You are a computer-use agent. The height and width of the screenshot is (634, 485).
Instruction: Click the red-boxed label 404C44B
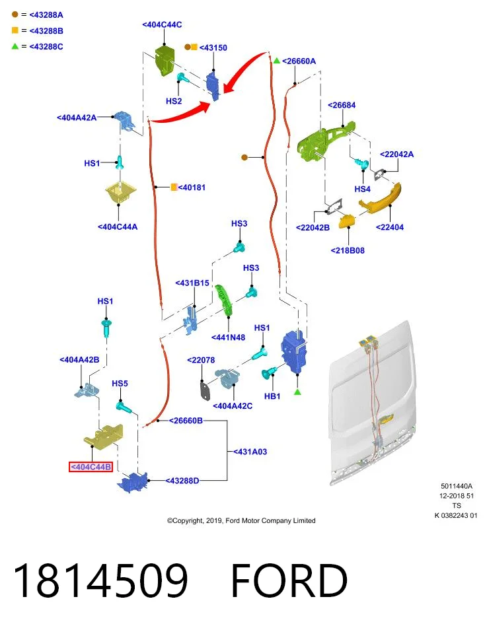(x=91, y=467)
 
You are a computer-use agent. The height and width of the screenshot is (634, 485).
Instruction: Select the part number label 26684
(x=342, y=105)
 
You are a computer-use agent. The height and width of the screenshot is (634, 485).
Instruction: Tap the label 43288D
(x=182, y=481)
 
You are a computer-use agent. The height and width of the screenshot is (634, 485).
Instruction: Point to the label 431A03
(x=250, y=452)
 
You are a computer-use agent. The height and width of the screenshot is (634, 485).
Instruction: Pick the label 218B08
(x=348, y=250)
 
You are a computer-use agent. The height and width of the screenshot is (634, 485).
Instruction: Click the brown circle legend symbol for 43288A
(x=15, y=15)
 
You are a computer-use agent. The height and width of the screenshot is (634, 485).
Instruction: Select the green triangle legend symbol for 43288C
(x=15, y=46)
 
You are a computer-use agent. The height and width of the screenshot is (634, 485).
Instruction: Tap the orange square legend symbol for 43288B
(x=15, y=30)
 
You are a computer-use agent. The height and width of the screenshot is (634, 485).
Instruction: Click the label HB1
(x=272, y=396)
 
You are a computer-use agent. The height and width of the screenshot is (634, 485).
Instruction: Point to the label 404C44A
(x=118, y=227)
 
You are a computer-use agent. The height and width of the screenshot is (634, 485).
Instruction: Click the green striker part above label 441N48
(x=224, y=299)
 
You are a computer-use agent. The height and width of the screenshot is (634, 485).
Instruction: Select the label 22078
(x=201, y=360)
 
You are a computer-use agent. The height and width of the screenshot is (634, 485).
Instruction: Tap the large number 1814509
(x=100, y=581)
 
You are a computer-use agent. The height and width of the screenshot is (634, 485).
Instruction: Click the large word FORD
(x=289, y=581)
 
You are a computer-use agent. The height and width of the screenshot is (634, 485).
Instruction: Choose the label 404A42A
(x=77, y=118)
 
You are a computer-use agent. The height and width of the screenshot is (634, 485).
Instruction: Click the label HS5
(x=120, y=383)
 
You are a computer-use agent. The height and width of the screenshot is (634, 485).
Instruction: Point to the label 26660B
(x=186, y=421)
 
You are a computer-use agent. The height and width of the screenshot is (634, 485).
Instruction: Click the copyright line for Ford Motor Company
(x=241, y=520)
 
